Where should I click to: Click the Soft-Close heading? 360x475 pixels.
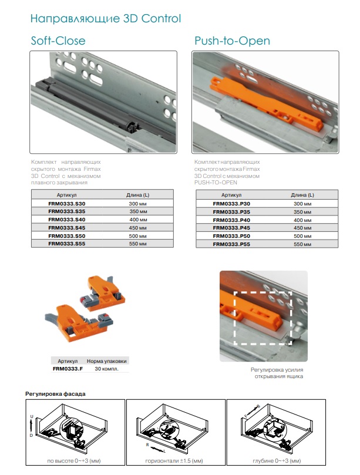(x=58, y=41)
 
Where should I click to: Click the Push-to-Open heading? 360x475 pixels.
(x=232, y=41)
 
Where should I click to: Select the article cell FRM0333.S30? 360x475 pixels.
(x=67, y=204)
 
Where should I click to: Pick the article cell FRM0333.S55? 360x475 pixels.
(x=67, y=244)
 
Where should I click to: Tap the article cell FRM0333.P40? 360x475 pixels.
(x=231, y=220)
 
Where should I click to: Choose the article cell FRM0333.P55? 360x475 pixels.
(x=231, y=244)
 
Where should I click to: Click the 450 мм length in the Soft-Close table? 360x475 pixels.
(x=138, y=227)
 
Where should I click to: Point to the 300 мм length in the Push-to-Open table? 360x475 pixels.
(x=302, y=204)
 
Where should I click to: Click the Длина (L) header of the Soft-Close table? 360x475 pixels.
(x=138, y=195)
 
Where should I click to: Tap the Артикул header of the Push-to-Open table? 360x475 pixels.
(x=231, y=195)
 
